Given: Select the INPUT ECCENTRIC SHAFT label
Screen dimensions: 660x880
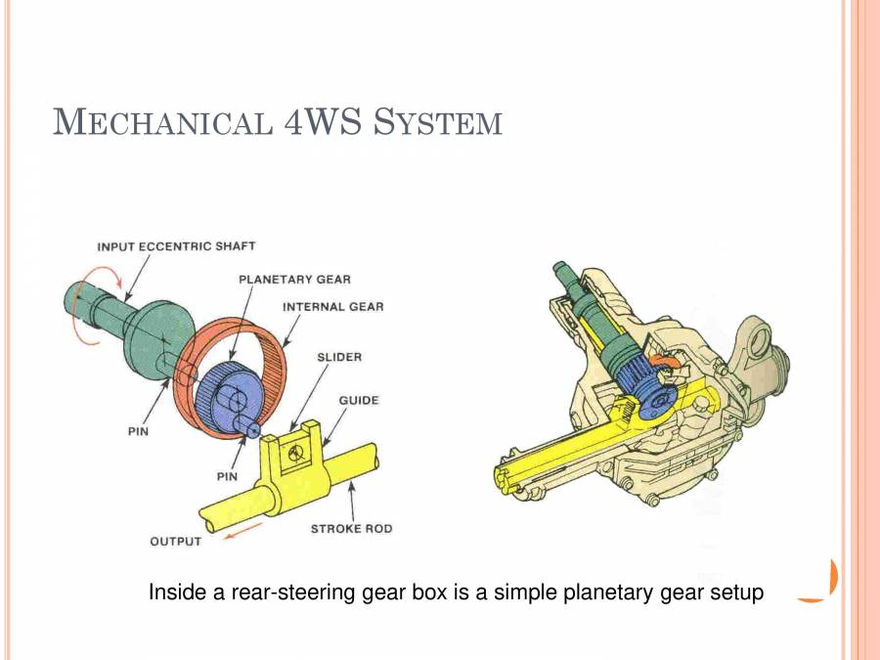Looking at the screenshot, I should (176, 246).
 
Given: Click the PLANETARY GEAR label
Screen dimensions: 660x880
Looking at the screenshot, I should (294, 279).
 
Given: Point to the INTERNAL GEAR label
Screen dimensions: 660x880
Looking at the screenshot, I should (332, 306).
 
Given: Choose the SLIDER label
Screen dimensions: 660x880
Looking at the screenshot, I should (339, 357).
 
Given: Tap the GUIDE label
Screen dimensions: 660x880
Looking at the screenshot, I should (358, 400).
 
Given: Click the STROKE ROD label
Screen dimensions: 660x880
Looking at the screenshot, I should (351, 529).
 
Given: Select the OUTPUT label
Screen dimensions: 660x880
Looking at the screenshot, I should (175, 541).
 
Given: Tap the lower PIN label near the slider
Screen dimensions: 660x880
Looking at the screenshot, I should (227, 476).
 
